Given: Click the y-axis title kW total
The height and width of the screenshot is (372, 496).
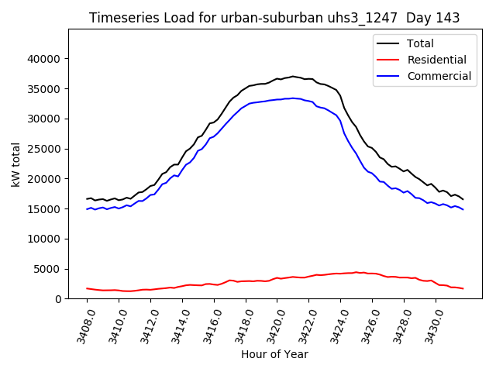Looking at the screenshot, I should point(15,164).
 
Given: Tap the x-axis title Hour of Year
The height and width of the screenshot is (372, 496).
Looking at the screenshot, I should point(274,354).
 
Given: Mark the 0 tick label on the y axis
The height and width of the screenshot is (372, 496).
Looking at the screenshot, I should point(58,299).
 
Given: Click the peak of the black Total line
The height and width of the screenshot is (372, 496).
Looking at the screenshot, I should point(292,76).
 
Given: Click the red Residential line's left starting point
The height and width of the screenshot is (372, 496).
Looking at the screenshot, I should point(87,288).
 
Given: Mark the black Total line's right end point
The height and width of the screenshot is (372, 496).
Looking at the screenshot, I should point(463,199).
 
